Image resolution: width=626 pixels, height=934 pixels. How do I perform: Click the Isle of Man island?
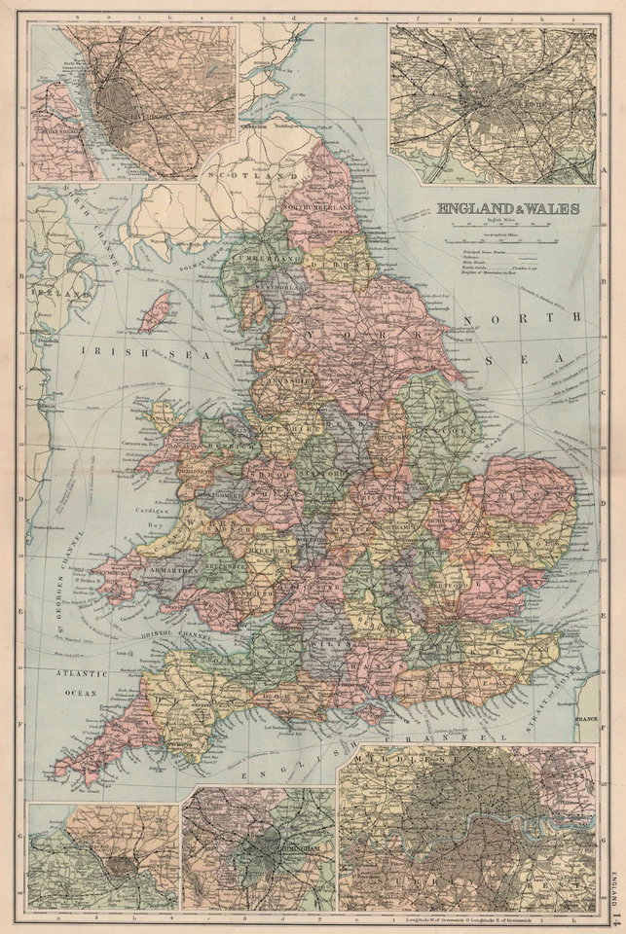[155, 310]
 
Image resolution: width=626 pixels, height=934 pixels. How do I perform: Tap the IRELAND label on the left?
[43, 291]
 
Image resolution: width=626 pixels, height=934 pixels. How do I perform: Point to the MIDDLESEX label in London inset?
[385, 756]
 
